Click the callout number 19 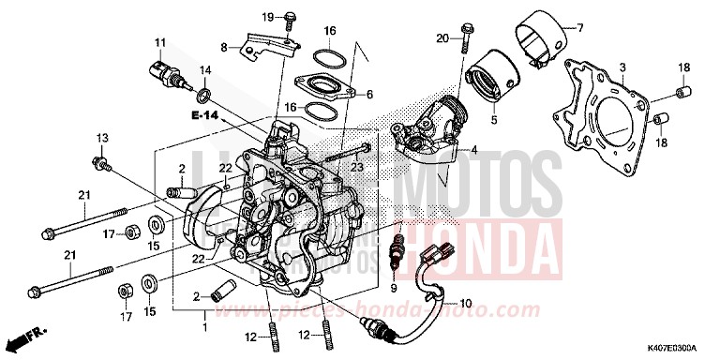point(267,17)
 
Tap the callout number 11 point(160,42)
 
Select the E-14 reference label point(203,115)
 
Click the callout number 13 point(100,138)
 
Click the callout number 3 point(622,68)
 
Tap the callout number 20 point(442,37)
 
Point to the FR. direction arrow point(27,336)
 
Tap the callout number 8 point(224,47)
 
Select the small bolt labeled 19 point(289,19)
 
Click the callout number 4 point(474,149)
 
